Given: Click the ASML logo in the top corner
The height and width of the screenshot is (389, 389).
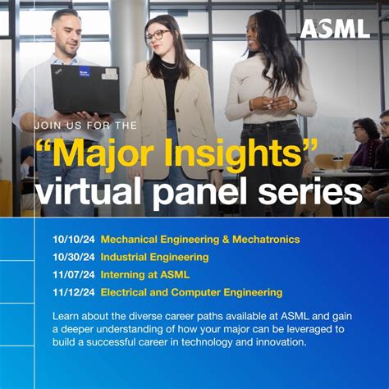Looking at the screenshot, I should tap(334, 28).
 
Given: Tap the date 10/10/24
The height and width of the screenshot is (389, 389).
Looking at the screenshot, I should tap(71, 239).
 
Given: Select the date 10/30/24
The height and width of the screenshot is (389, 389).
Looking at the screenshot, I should tap(71, 257).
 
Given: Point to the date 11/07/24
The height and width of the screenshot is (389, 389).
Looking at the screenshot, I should tap(71, 274).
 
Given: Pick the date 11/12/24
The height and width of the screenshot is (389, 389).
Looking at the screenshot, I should tap(71, 292).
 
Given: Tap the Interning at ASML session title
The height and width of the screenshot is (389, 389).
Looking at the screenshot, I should tap(144, 274).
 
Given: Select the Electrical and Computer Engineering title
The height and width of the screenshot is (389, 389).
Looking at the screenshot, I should tap(191, 292).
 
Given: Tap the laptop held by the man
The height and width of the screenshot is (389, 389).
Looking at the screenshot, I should tap(86, 88).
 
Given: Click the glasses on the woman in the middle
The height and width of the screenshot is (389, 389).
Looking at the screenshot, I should tap(158, 36).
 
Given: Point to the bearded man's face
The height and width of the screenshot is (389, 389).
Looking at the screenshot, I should tap(65, 34).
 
